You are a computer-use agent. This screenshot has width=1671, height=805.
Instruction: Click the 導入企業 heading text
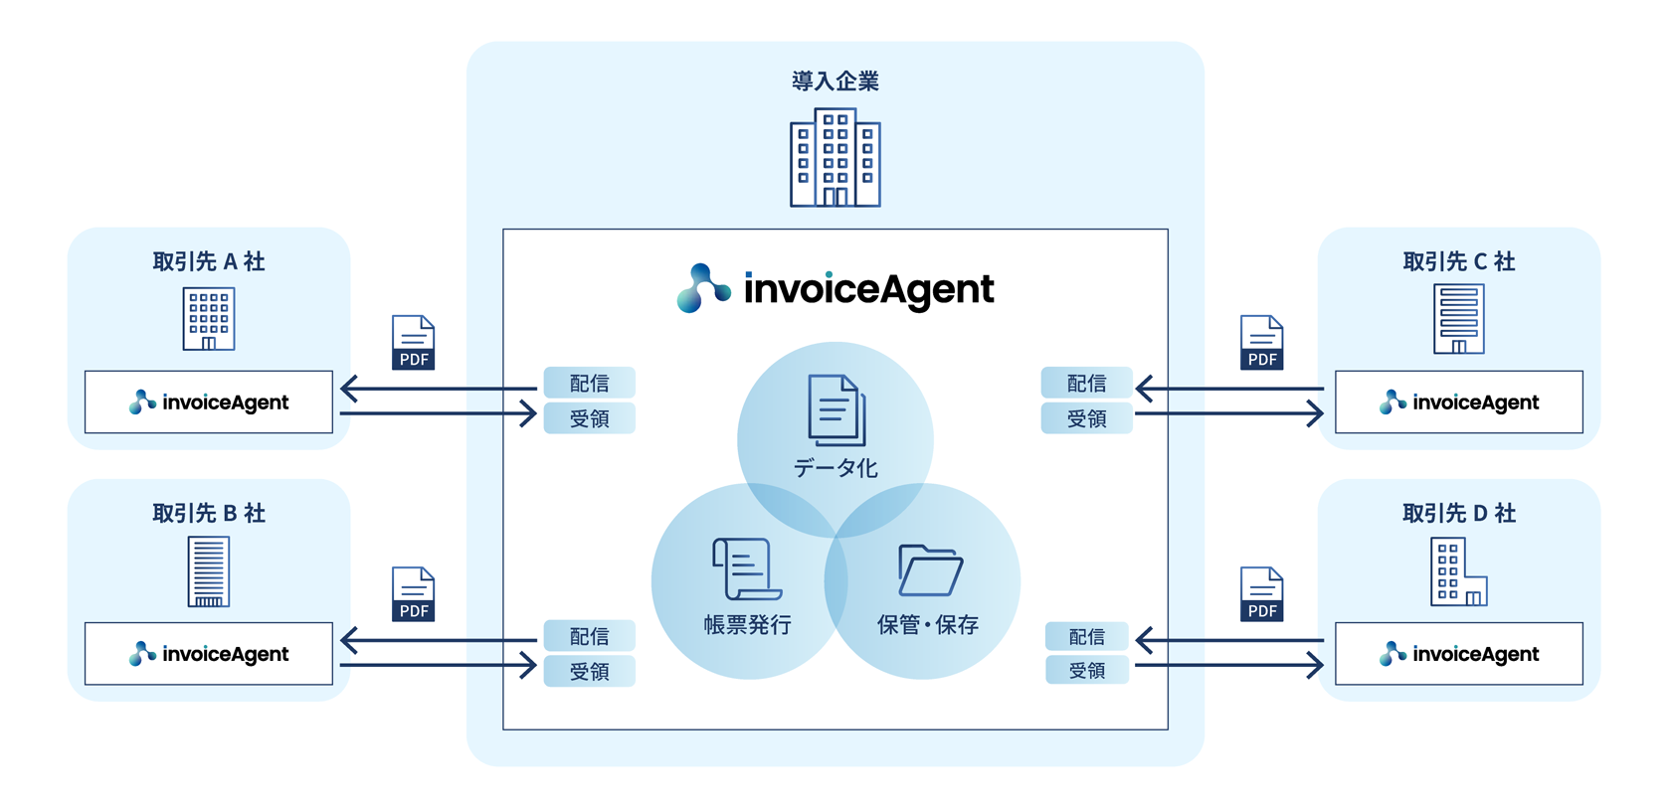pos(835,81)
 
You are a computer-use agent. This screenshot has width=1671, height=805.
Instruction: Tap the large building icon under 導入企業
pos(835,158)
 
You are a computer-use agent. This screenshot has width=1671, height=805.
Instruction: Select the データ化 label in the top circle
pos(835,468)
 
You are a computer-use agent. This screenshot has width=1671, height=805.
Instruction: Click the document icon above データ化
pos(836,410)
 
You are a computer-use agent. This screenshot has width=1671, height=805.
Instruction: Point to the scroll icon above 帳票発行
pos(746,568)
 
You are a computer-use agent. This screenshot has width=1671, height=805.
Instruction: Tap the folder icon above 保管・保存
pos(930,570)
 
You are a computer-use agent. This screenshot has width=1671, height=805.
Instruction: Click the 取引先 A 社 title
pos(209,261)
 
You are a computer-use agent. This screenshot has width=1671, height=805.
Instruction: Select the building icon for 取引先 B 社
pos(209,571)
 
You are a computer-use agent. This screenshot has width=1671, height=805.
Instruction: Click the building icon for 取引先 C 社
pos(1459,319)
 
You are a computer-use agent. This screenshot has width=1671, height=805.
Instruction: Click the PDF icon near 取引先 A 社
pos(414,343)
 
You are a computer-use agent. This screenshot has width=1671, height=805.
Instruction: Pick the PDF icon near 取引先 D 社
pos(1262,594)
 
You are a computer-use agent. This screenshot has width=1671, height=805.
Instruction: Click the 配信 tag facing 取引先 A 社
pos(589,383)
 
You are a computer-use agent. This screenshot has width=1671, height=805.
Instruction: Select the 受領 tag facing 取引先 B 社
pos(589,672)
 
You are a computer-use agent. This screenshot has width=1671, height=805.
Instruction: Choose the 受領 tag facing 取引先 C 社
pos(1086,419)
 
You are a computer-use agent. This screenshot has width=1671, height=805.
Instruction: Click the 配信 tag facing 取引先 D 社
pos(1086,636)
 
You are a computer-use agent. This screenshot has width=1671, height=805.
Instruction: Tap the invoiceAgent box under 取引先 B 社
pos(209,654)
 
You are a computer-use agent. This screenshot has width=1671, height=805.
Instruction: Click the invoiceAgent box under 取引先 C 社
pos(1458,402)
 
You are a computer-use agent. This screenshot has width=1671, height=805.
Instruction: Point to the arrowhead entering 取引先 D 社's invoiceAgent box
pos(1316,665)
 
